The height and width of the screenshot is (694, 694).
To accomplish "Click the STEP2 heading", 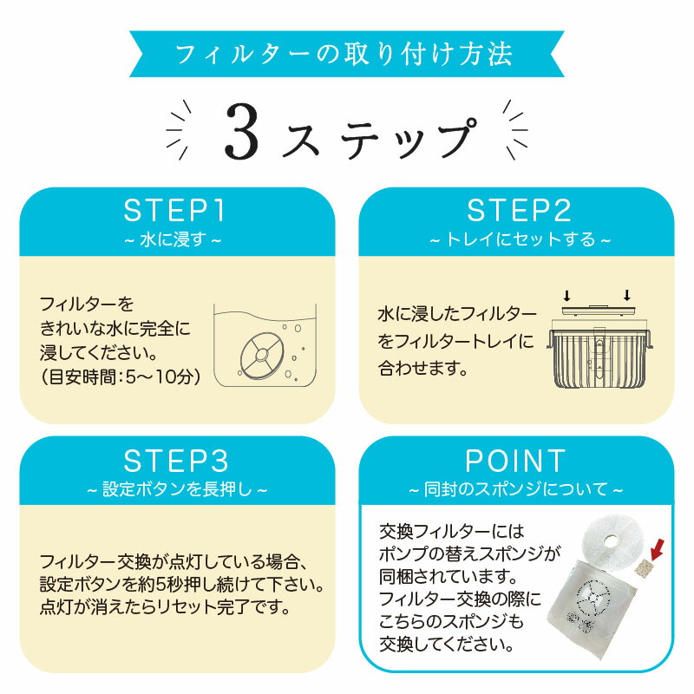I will [x=519, y=210].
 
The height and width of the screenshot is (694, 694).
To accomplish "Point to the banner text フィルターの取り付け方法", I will [x=344, y=54].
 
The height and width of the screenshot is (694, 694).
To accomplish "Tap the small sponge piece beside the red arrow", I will [x=644, y=568].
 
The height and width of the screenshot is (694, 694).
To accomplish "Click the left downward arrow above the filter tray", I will [x=566, y=295].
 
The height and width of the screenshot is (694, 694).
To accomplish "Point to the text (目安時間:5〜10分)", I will [x=121, y=378].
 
